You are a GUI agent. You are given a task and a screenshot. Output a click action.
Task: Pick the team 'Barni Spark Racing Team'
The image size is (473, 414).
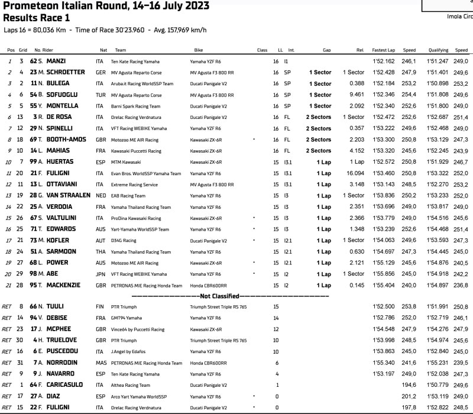coord(137,106)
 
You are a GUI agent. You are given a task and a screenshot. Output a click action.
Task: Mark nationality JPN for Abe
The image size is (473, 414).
coord(101,274)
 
